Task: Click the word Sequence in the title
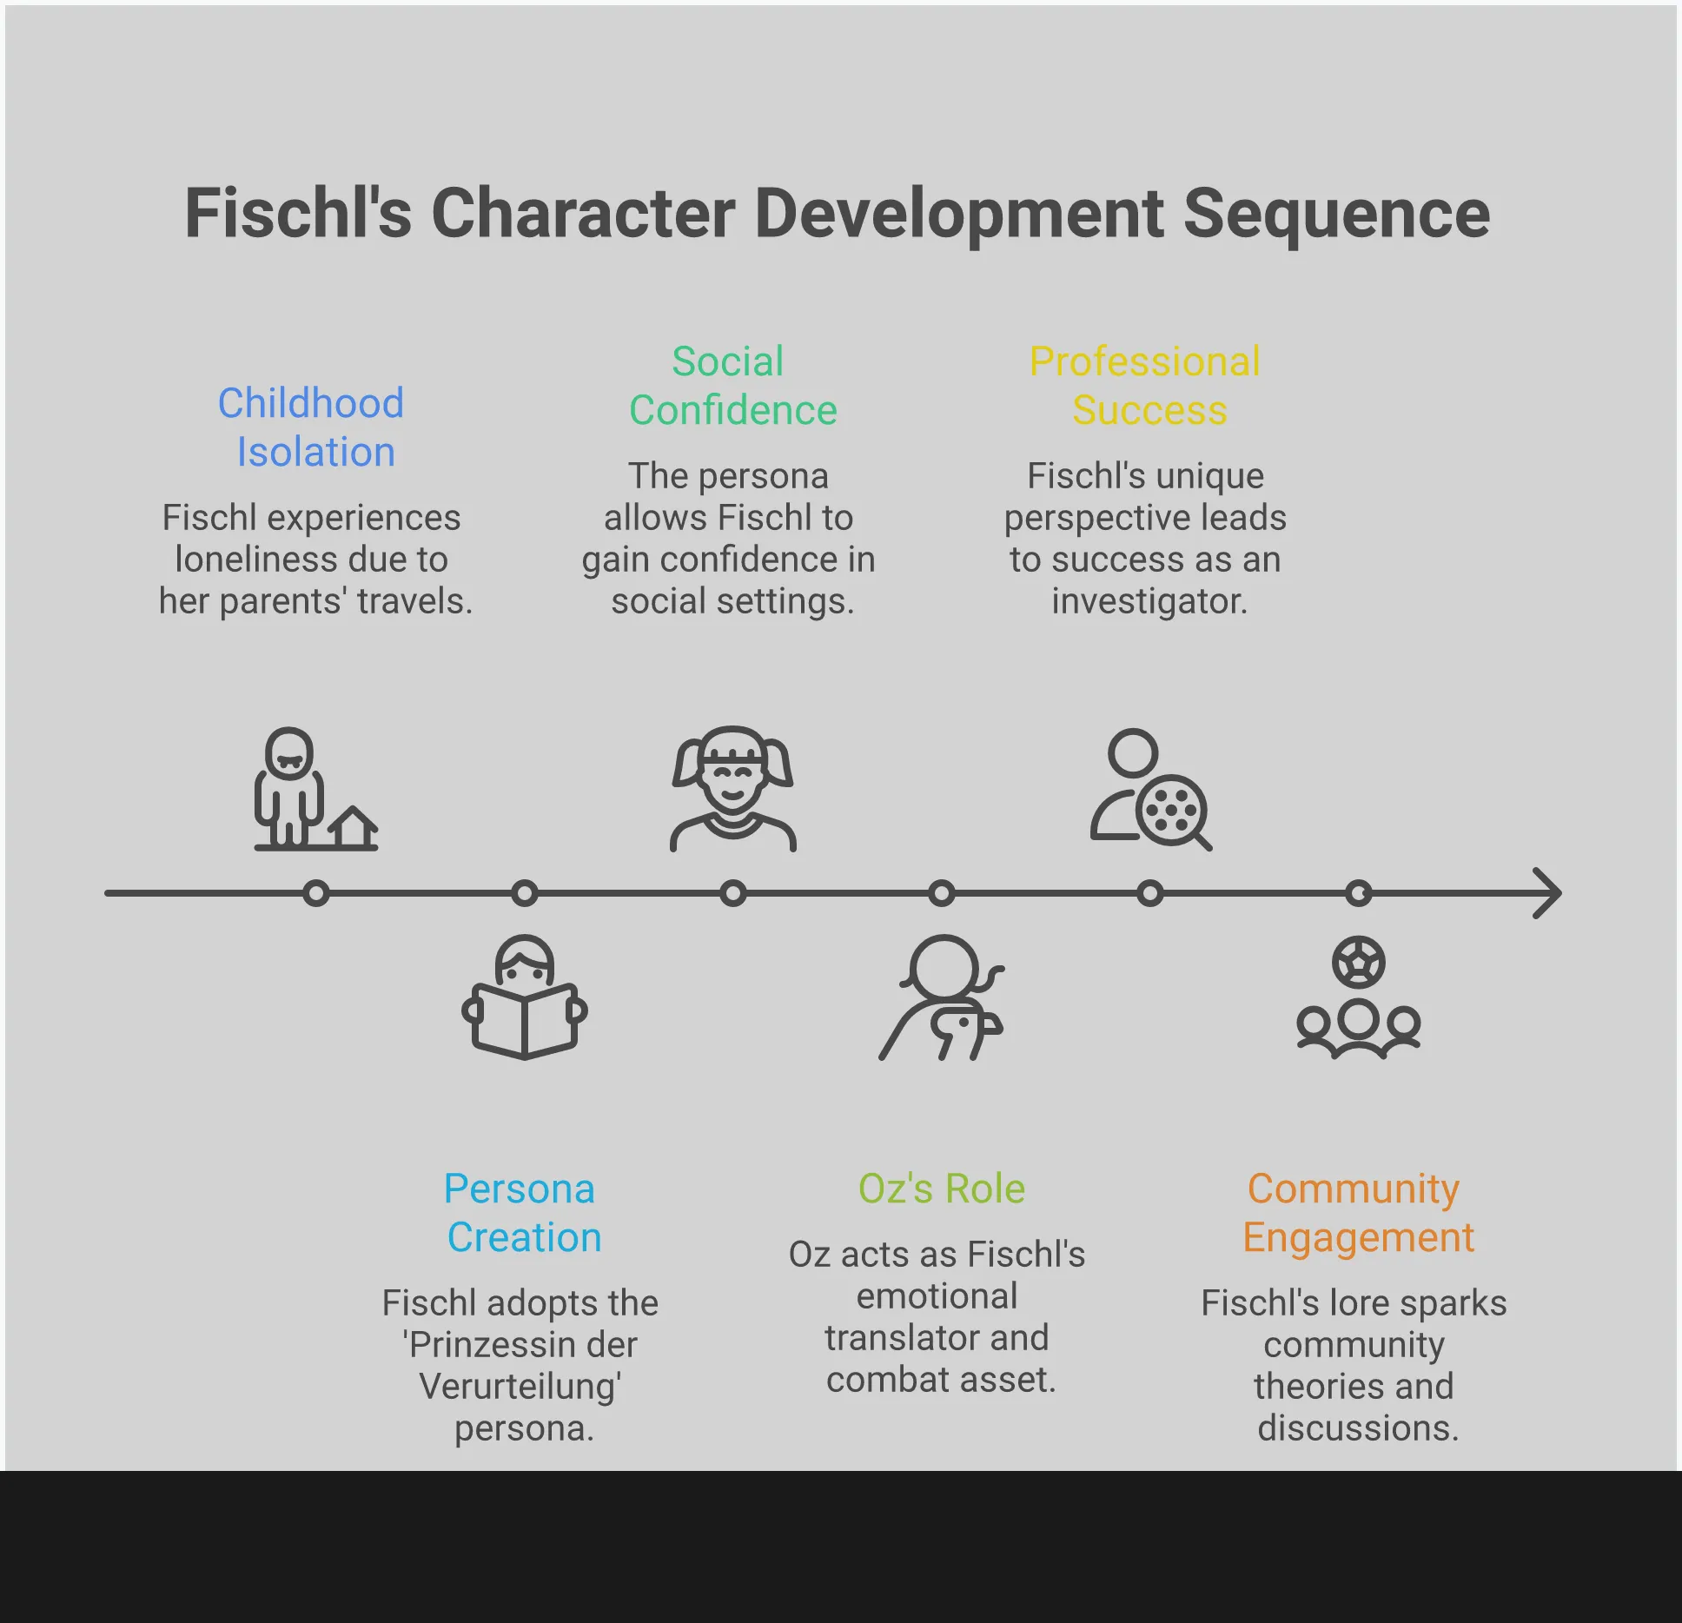point(1336,214)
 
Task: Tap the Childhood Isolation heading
point(312,427)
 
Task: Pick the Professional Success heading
point(1146,386)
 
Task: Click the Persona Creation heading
point(521,1213)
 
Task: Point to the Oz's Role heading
point(941,1189)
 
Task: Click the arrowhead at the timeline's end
point(1548,893)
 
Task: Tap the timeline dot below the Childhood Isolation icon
point(316,893)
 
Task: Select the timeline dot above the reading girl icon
point(524,893)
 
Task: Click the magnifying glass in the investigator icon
point(1173,812)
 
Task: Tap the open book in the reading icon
point(524,1020)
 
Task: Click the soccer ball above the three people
point(1358,962)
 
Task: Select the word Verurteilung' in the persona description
point(520,1387)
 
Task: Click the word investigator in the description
point(1149,601)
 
